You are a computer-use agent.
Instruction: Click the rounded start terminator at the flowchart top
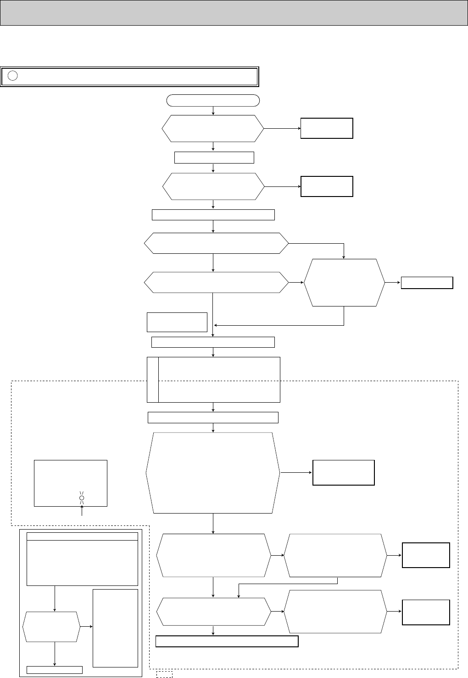[x=213, y=100]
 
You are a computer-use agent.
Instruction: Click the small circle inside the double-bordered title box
[x=13, y=76]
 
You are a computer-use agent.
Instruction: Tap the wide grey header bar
[x=234, y=12]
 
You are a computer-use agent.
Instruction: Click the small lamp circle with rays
[x=82, y=498]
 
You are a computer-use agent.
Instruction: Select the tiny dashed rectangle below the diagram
[x=164, y=674]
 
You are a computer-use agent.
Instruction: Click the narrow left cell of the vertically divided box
[x=153, y=379]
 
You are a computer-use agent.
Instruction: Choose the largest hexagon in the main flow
[x=213, y=473]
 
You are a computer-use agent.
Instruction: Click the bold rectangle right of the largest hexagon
[x=343, y=472]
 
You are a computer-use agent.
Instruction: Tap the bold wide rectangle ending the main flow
[x=227, y=641]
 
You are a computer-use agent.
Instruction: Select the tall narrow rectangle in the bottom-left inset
[x=115, y=628]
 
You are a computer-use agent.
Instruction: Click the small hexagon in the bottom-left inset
[x=51, y=626]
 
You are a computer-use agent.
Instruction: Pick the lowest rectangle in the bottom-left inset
[x=55, y=669]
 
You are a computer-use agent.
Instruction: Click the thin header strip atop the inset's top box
[x=82, y=536]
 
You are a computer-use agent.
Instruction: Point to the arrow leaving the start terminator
[x=213, y=111]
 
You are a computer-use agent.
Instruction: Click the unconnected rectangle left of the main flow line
[x=177, y=322]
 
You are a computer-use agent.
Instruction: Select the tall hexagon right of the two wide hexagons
[x=344, y=283]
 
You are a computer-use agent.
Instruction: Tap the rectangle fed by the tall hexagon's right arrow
[x=427, y=283]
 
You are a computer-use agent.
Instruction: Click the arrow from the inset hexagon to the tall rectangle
[x=86, y=626]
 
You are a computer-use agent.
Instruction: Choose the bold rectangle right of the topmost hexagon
[x=327, y=128]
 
